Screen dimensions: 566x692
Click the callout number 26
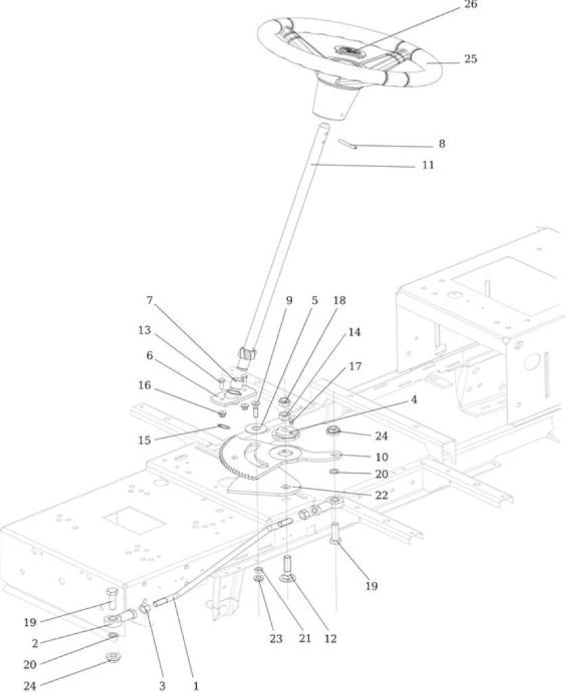(x=471, y=5)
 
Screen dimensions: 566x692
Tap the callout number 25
(x=471, y=59)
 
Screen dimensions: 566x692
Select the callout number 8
(x=442, y=144)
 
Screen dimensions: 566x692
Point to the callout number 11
(x=428, y=165)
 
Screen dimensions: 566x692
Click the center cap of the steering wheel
(x=348, y=51)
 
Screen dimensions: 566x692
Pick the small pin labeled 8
(x=347, y=144)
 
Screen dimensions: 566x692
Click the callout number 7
(x=149, y=301)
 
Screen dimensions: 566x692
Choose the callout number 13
(x=144, y=330)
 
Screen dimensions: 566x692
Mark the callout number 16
(x=144, y=385)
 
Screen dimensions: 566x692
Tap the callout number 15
(x=144, y=440)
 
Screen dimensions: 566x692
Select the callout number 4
(x=414, y=399)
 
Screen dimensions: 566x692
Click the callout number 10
(x=381, y=457)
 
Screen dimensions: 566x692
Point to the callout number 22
(x=381, y=495)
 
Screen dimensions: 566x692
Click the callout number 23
(x=276, y=638)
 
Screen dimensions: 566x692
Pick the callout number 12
(x=330, y=638)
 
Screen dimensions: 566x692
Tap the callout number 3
(x=162, y=687)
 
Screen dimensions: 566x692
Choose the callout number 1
(x=195, y=687)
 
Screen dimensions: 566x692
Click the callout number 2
(x=35, y=643)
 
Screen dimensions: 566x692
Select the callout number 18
(x=339, y=301)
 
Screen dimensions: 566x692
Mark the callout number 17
(x=355, y=366)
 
